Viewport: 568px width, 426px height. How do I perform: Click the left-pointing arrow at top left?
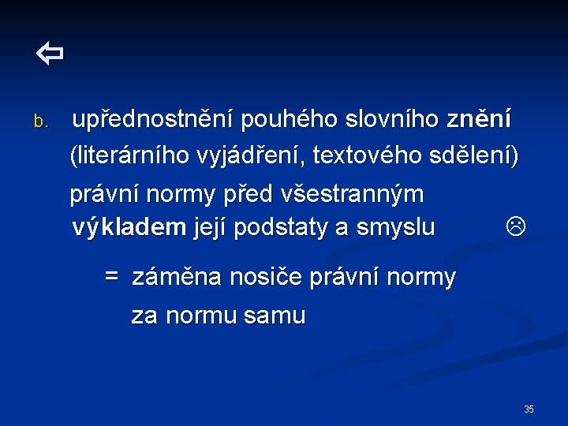pyautogui.click(x=49, y=54)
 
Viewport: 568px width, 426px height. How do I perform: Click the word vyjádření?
pyautogui.click(x=257, y=156)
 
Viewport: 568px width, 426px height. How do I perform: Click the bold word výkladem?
pyautogui.click(x=129, y=227)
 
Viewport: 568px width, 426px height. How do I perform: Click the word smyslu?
pyautogui.click(x=396, y=227)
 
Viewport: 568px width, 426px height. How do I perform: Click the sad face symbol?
pyautogui.click(x=514, y=227)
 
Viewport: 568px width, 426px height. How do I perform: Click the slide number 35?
pyautogui.click(x=529, y=409)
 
